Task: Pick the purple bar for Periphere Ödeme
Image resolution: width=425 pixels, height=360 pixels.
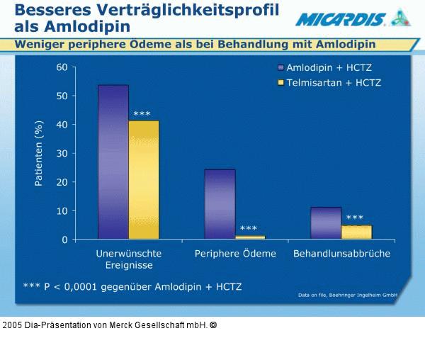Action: click(x=220, y=203)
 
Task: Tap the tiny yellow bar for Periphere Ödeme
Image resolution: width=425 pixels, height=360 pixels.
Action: click(x=250, y=237)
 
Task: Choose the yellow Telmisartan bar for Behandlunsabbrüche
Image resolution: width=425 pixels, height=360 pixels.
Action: click(x=356, y=232)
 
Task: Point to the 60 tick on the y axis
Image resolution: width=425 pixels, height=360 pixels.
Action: click(x=62, y=67)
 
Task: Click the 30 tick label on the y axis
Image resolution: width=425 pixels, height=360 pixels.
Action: click(x=62, y=154)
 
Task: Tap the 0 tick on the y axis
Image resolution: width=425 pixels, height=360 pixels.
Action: click(x=64, y=240)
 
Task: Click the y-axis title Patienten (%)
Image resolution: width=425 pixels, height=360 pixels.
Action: click(x=40, y=153)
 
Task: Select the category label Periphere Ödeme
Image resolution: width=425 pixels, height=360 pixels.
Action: click(x=235, y=254)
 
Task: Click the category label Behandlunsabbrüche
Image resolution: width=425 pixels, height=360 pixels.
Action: click(x=341, y=254)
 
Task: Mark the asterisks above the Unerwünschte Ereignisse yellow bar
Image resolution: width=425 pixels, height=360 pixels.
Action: click(x=142, y=114)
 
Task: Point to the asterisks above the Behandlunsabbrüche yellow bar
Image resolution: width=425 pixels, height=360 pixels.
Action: click(x=354, y=218)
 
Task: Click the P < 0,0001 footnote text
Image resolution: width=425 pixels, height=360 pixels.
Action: click(x=132, y=287)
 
